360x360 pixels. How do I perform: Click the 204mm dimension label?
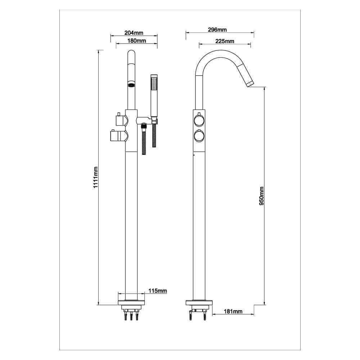click(134, 33)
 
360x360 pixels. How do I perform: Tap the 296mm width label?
click(217, 30)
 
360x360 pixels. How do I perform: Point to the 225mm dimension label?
click(225, 41)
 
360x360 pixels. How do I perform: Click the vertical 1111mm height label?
click(95, 177)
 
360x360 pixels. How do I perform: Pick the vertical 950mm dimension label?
click(261, 196)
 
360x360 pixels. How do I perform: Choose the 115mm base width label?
click(158, 291)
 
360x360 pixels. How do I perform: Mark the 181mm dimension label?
click(233, 311)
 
